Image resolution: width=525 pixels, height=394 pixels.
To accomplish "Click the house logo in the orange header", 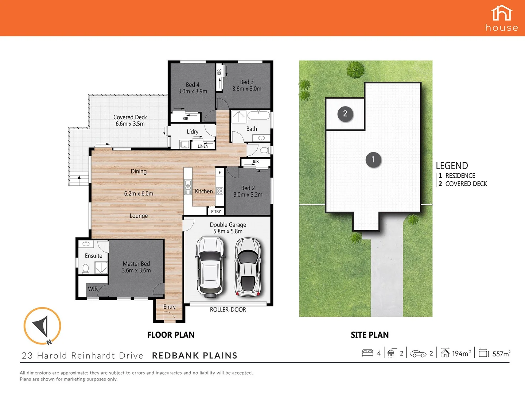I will click(x=502, y=18).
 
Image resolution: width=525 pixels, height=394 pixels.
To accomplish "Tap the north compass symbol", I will click(x=42, y=326).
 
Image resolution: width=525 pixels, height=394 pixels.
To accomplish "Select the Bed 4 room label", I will click(x=192, y=85).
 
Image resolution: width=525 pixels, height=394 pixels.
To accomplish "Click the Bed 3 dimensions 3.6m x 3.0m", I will click(x=247, y=89).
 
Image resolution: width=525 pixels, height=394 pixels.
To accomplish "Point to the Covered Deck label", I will click(x=130, y=117).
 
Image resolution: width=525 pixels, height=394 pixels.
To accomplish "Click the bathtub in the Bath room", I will click(x=258, y=116).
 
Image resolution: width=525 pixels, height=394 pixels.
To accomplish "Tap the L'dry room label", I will click(x=192, y=132).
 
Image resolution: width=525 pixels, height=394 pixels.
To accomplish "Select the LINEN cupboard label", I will click(x=203, y=146).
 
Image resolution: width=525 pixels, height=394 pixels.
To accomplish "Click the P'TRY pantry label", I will click(x=216, y=211).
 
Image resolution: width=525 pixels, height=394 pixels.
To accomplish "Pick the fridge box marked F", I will click(x=219, y=172).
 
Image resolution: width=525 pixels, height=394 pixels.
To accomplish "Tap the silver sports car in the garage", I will click(x=248, y=267).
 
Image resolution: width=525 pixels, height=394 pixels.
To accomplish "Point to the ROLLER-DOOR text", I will click(x=228, y=310).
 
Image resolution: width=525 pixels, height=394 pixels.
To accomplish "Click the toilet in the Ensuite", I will click(x=86, y=269).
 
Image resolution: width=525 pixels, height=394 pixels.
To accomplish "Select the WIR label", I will click(x=93, y=289).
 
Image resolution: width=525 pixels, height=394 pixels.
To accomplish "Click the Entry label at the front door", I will click(x=170, y=307).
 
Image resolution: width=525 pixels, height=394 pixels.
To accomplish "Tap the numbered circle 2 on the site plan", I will click(x=345, y=114).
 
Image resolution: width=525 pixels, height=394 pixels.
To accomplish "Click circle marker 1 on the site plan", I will click(x=373, y=160).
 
